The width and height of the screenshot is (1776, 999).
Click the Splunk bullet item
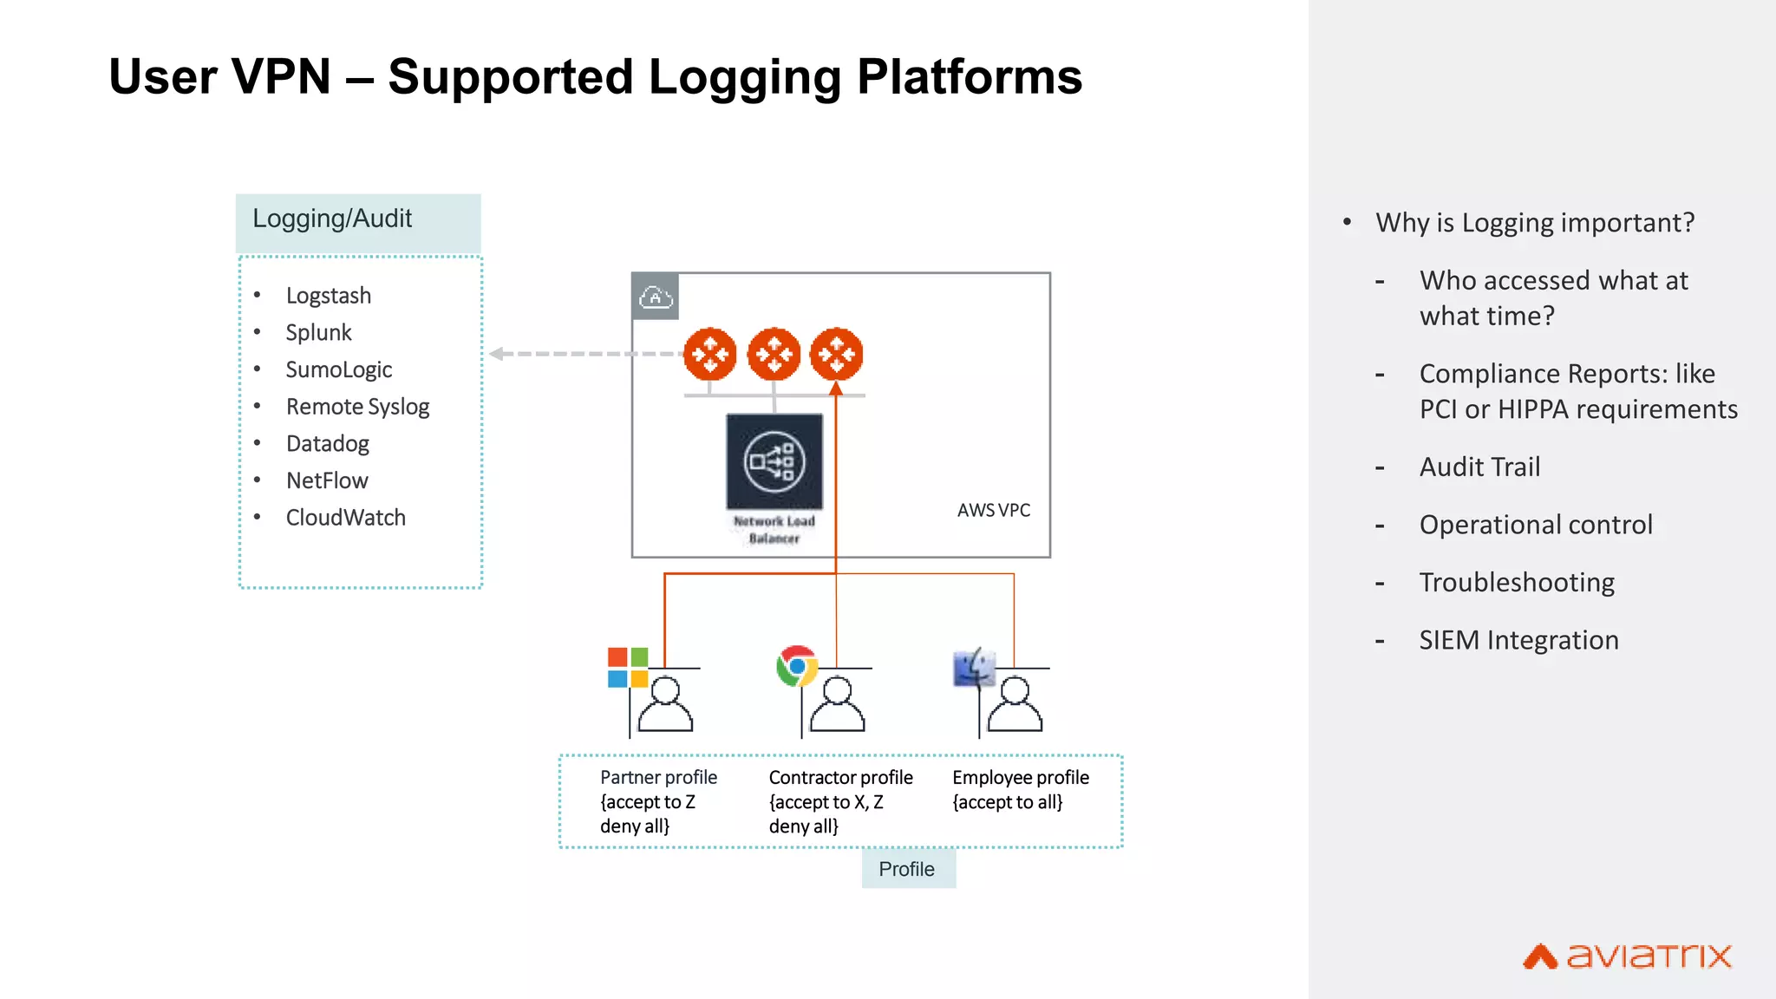click(x=318, y=333)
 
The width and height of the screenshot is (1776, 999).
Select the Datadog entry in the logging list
click(x=327, y=444)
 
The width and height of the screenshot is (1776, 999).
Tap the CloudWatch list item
click(x=345, y=518)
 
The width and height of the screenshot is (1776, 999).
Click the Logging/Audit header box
click(x=358, y=222)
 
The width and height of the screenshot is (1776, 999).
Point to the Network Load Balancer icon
click(x=774, y=461)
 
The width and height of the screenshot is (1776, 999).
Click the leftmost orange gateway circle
click(x=710, y=354)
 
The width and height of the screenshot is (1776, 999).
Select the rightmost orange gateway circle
click(x=836, y=354)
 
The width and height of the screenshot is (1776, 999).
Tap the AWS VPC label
click(x=993, y=510)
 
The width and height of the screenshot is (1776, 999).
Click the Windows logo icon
click(x=628, y=667)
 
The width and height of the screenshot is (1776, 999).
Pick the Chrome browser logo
click(x=797, y=666)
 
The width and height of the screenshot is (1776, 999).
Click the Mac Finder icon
click(x=974, y=668)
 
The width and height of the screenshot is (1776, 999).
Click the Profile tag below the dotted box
click(x=907, y=869)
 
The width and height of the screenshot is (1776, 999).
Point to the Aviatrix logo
click(x=1627, y=956)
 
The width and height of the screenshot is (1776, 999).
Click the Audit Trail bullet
click(x=1479, y=467)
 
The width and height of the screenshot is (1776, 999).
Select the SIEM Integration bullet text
click(x=1518, y=640)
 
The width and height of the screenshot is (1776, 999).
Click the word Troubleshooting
click(x=1517, y=583)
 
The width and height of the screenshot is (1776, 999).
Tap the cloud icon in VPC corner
click(x=656, y=297)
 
